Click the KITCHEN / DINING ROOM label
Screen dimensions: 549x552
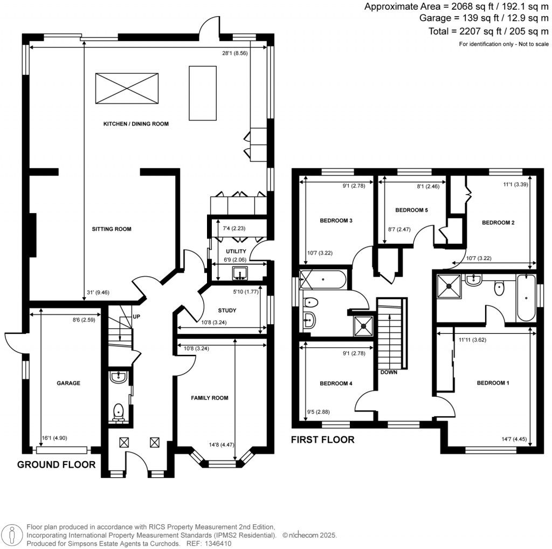tap(136, 124)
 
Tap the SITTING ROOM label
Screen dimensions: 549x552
tap(112, 229)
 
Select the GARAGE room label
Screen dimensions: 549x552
tap(68, 383)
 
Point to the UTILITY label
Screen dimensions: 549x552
tap(236, 251)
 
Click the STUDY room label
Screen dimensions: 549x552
tap(227, 311)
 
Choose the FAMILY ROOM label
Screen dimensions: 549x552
tap(210, 398)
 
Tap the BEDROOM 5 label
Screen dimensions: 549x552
tap(411, 210)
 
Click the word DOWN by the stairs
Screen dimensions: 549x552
tap(388, 372)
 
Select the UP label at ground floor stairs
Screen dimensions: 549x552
tap(136, 317)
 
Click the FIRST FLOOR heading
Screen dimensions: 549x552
tap(323, 440)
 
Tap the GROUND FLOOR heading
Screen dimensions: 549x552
tap(57, 464)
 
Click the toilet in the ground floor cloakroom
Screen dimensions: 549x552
tap(119, 413)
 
